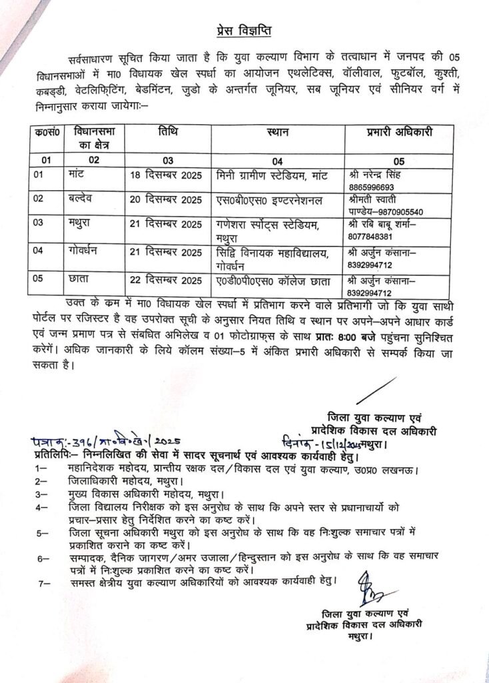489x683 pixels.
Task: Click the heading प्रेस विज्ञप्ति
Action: pyautogui.click(x=244, y=31)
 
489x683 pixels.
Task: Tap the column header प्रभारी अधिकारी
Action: pyautogui.click(x=399, y=132)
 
